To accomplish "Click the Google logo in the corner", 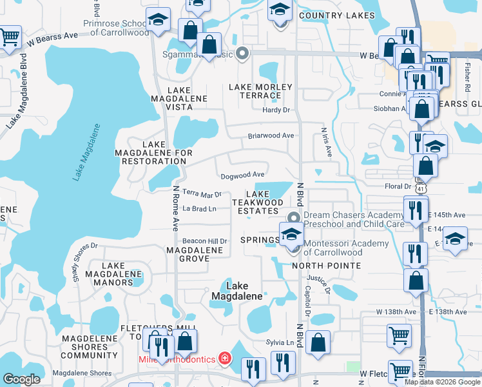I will pos(21,379).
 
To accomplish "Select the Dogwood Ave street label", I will pos(242,175).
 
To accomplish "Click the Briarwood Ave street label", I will pos(271,136).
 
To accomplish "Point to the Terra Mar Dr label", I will pos(202,193).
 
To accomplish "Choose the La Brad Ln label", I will pos(198,208).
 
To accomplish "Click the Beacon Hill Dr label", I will pos(205,241).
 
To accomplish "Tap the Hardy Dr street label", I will pos(276,110).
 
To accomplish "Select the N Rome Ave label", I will pos(175,208).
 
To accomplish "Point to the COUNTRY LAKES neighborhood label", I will pos(337,15).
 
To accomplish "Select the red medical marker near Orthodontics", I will pos(224,357).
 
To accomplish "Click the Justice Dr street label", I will pos(319,284).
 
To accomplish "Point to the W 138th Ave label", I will pos(397,312).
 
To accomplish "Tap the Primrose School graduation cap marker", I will pos(157,21).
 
